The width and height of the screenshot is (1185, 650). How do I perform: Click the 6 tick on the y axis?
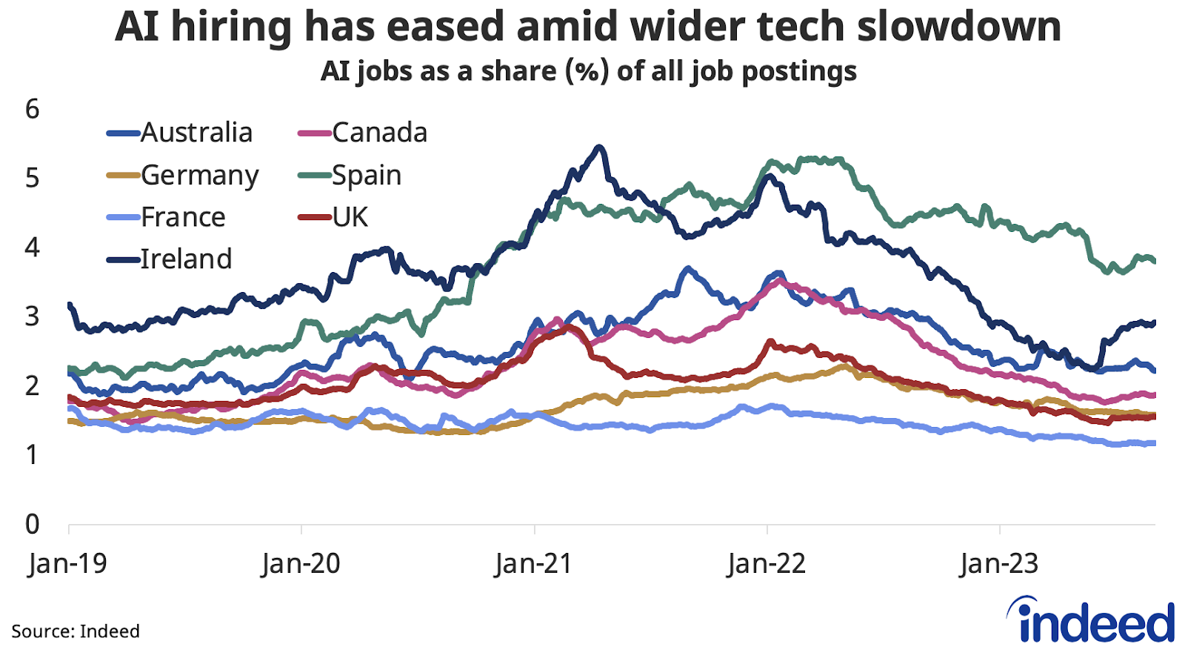[x=32, y=110]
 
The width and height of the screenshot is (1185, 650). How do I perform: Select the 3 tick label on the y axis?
[x=32, y=316]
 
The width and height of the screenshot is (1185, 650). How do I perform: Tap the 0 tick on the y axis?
[x=32, y=524]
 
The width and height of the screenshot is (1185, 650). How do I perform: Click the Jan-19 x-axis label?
[x=68, y=564]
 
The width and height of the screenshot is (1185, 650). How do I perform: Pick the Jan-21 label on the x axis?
[x=534, y=564]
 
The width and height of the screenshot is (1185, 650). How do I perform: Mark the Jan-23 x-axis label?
[x=1000, y=564]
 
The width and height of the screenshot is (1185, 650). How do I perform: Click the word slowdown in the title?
[x=959, y=27]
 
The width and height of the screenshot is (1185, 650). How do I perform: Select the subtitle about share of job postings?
[x=589, y=71]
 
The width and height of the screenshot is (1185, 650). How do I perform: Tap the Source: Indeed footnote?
[x=76, y=631]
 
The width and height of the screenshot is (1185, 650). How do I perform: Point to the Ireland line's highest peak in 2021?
[x=600, y=147]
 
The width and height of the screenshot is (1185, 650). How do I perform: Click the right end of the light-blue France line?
[x=1153, y=443]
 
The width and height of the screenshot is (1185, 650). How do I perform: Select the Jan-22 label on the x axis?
[x=767, y=564]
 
